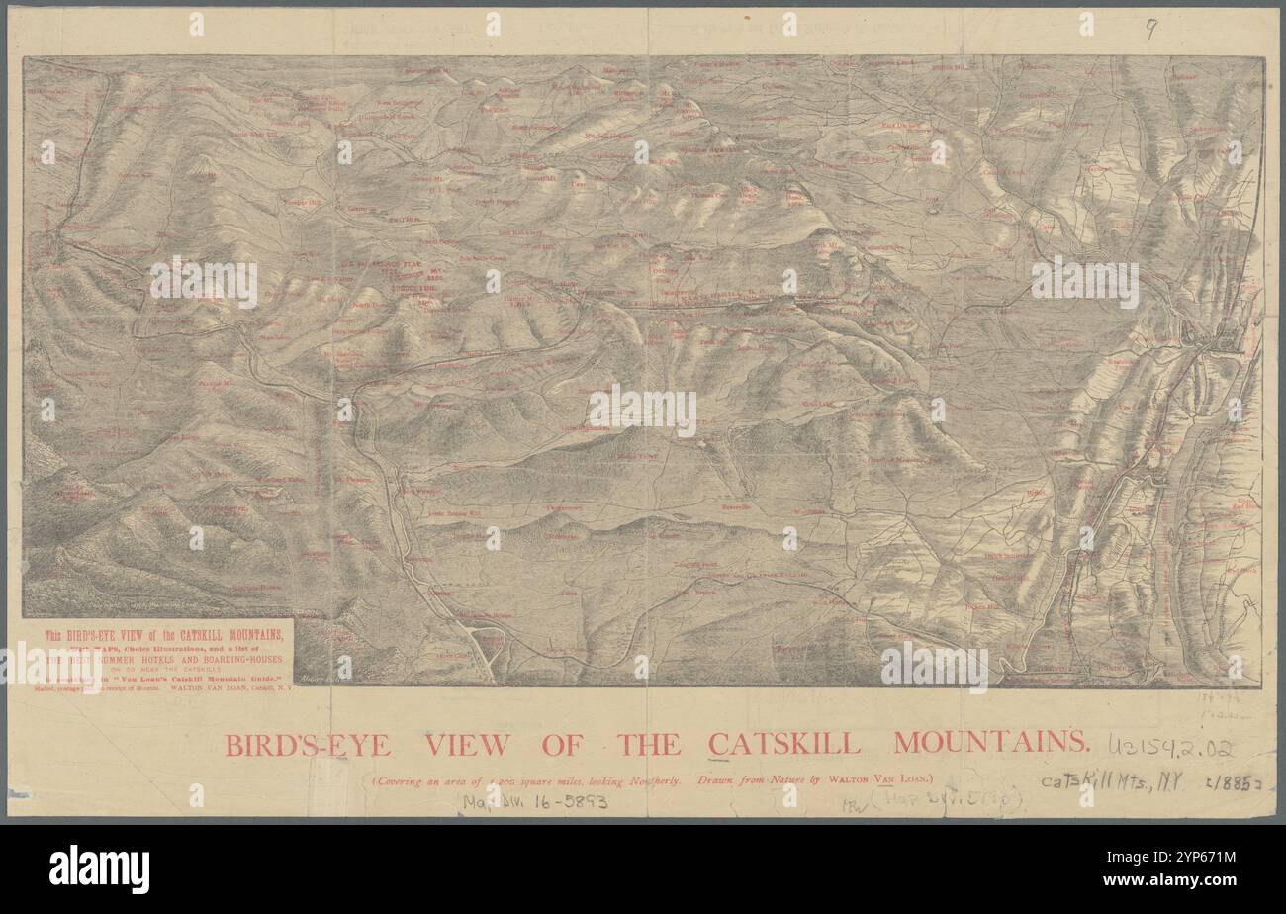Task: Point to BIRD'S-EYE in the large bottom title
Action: pos(309,744)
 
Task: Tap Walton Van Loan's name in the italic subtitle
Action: pos(880,780)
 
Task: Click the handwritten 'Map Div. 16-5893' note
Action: pos(535,802)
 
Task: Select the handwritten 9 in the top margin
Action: pos(1150,30)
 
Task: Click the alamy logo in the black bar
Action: pos(99,868)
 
